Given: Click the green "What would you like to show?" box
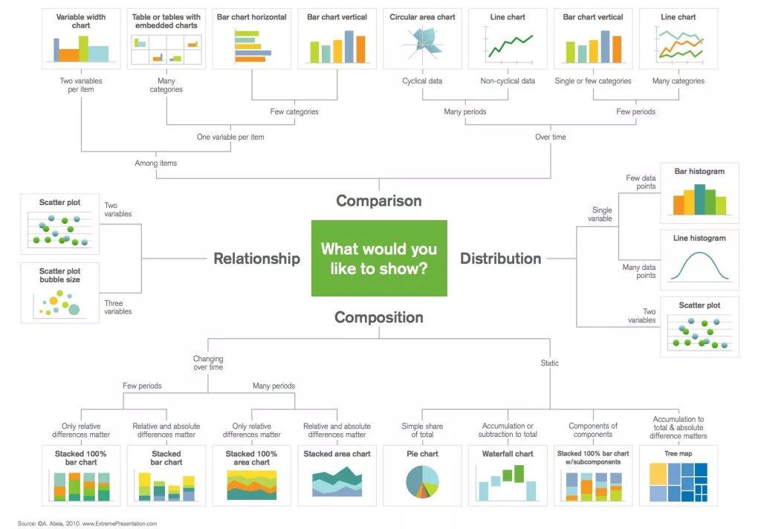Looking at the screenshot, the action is tap(379, 259).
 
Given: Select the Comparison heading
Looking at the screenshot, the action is tap(379, 201).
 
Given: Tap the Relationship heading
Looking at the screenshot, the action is tap(256, 259).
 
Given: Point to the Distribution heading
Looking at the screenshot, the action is tap(500, 259).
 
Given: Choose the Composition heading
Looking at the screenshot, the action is tap(379, 317).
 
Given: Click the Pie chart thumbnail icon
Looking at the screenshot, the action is tap(422, 482).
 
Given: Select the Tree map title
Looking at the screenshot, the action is tap(678, 453).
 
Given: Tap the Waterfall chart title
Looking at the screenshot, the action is tap(508, 454).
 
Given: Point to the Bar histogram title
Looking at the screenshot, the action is tap(699, 172).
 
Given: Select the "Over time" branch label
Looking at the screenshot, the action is tap(551, 137).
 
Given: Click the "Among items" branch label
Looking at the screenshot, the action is tap(156, 163).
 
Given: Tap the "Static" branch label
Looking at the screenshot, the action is tap(550, 363).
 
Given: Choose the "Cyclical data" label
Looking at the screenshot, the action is tap(422, 81).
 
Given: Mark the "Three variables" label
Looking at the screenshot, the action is tap(118, 307).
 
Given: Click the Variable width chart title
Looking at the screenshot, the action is tap(81, 21).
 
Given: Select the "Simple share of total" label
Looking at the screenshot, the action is tap(422, 430).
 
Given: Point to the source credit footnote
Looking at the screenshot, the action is tap(87, 524).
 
